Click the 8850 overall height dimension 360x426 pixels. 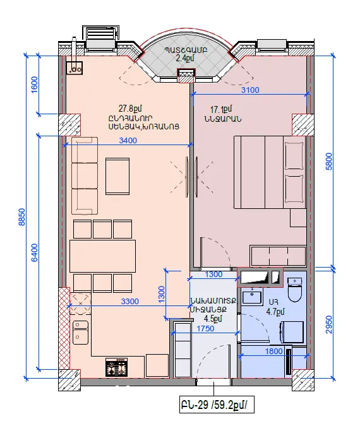point(22,217)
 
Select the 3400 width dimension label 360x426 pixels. point(128,141)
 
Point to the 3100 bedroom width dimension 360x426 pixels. point(250,90)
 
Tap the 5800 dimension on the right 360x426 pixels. point(329,162)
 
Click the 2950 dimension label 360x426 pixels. point(329,324)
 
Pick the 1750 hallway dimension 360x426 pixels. point(205,329)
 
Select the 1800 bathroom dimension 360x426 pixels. point(274,352)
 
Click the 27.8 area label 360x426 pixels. point(130,109)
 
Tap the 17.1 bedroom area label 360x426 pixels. point(221,109)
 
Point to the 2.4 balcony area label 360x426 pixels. point(185,58)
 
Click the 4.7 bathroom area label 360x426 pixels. point(275,312)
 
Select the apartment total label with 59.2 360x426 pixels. point(217,405)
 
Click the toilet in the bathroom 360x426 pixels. point(294,290)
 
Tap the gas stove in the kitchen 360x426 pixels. point(116,367)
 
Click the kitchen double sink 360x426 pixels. point(80,332)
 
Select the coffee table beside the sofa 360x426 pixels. point(117,176)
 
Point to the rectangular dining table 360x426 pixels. point(102,256)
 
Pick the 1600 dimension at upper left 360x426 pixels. point(35,85)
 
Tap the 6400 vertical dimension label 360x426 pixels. point(35,252)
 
